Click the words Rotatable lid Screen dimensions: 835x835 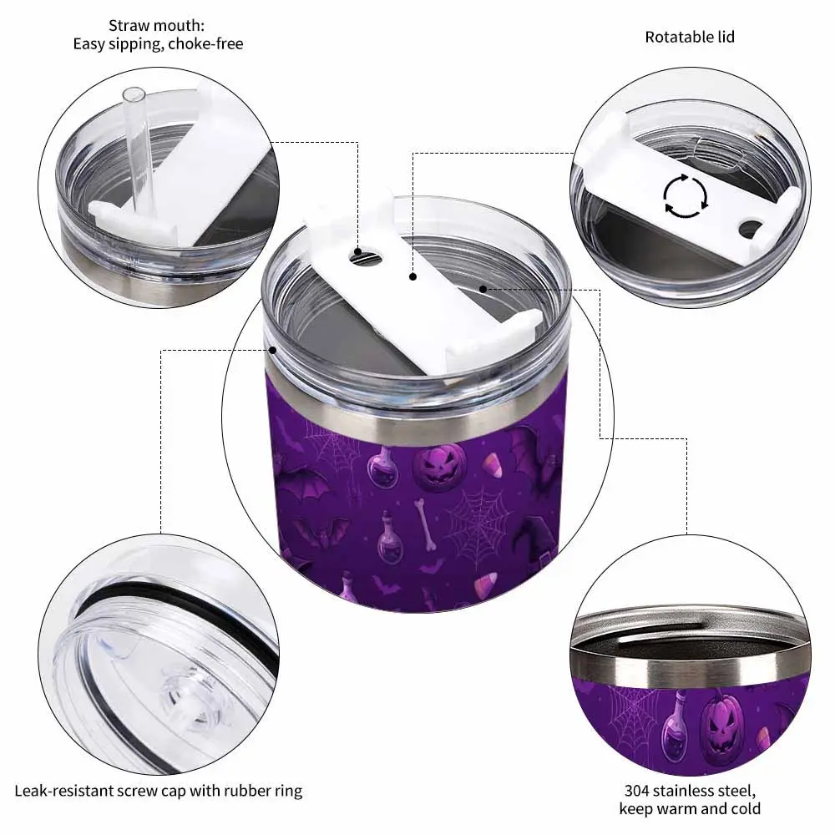(x=690, y=37)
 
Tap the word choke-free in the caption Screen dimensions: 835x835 (x=205, y=43)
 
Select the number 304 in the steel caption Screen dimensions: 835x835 (x=636, y=790)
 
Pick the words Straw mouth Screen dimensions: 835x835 (x=156, y=25)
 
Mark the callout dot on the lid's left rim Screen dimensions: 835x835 (x=272, y=350)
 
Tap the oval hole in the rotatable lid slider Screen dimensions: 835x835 (x=750, y=227)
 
